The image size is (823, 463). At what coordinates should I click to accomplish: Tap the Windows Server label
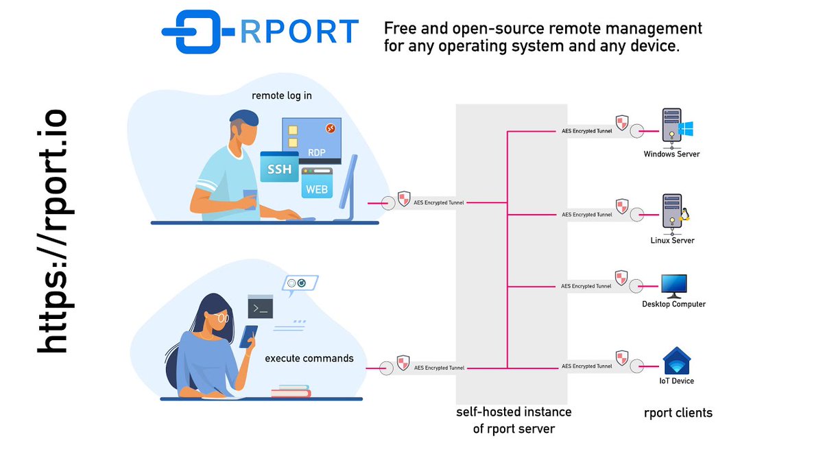671,154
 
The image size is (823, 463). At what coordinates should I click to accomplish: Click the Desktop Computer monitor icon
673,285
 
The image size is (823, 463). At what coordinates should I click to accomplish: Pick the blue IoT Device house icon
676,362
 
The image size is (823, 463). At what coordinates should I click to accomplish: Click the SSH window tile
279,168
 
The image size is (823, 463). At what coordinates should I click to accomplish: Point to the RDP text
316,153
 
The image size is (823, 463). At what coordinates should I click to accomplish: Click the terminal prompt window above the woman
261,307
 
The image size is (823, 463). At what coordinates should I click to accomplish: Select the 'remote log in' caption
282,95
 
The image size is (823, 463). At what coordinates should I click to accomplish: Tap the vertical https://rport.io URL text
53,231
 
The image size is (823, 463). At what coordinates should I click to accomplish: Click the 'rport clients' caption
678,413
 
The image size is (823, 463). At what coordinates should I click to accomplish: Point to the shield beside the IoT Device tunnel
621,357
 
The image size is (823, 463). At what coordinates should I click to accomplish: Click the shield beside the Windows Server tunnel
621,123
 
